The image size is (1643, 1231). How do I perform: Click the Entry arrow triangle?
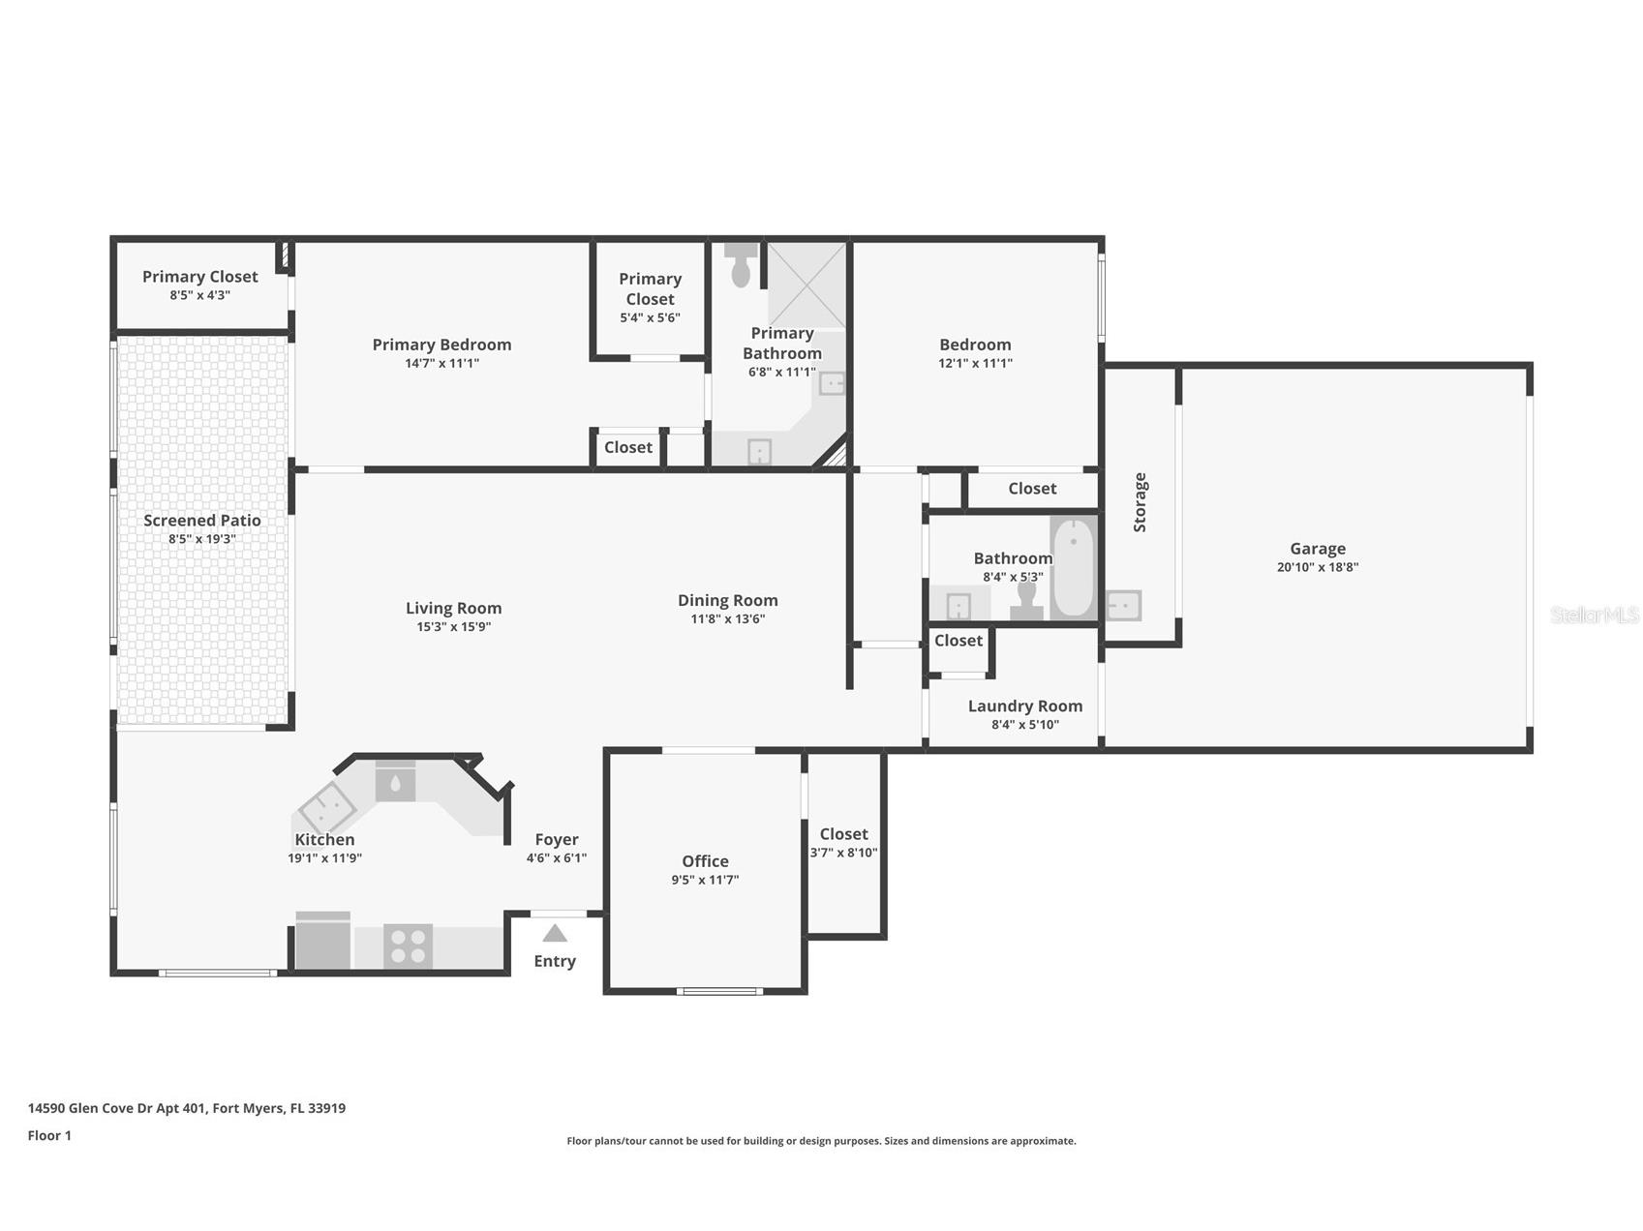pos(555,933)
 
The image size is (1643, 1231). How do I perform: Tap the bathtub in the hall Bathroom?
pos(1073,568)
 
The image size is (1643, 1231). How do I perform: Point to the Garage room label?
pos(1317,549)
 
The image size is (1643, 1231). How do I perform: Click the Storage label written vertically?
pos(1140,502)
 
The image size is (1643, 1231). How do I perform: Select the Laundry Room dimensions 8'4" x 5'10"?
pos(1024,725)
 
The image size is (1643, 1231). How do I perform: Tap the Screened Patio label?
pos(201,521)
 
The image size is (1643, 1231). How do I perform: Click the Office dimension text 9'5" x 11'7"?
pos(705,880)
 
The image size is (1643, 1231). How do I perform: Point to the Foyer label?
pos(557,839)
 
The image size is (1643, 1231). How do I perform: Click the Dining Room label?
pos(727,600)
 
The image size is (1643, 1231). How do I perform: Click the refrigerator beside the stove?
pos(322,941)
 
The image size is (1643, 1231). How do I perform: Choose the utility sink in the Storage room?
pos(1123,606)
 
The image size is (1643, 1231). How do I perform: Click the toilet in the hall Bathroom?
pos(1026,601)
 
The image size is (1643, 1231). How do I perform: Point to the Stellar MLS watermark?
pos(1594,615)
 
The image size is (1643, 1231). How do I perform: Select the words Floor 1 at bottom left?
pos(49,1135)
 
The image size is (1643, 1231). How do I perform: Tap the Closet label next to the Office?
pos(843,833)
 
